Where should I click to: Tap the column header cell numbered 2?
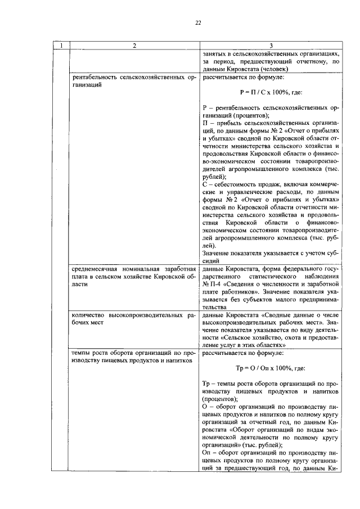(x=134, y=46)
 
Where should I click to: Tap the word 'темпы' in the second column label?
(x=80, y=353)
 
